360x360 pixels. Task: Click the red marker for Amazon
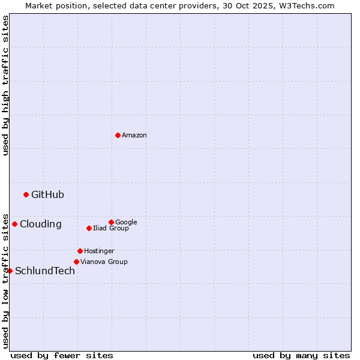[x=118, y=135]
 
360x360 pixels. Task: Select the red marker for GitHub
[x=26, y=194]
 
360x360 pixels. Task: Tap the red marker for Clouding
[x=14, y=224]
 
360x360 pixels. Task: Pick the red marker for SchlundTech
[x=10, y=271]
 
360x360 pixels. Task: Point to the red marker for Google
[x=111, y=222]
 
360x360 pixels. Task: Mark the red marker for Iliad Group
[x=89, y=228]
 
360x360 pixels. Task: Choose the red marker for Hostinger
[x=80, y=251]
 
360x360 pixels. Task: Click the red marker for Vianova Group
[x=76, y=262]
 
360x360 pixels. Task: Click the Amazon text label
[x=134, y=136]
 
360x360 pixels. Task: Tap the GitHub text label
[x=47, y=194]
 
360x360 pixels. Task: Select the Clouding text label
[x=40, y=224]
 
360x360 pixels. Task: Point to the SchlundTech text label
[x=45, y=271]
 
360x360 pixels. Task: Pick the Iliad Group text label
[x=111, y=229]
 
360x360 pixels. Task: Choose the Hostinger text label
[x=99, y=251]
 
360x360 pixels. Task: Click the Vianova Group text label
[x=104, y=262]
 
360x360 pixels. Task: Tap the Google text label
[x=126, y=223]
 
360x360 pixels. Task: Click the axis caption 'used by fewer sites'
[x=62, y=355]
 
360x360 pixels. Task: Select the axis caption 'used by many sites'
[x=301, y=355]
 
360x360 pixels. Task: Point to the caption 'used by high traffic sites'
[x=5, y=85]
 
